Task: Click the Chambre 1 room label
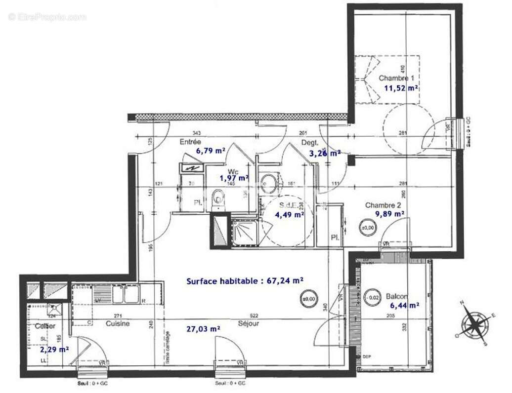(396, 78)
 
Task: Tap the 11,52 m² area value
(401, 89)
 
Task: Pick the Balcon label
(397, 296)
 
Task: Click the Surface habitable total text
(245, 280)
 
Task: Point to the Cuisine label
(118, 323)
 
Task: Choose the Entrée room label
(190, 142)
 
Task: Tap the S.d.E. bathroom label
(288, 205)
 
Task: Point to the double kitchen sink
(125, 295)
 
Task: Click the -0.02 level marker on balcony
(374, 297)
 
